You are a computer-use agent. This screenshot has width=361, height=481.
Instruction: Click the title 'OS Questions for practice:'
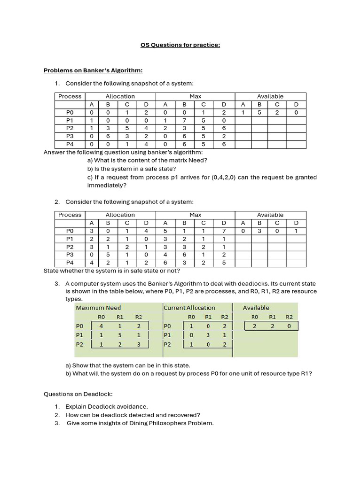coord(180,45)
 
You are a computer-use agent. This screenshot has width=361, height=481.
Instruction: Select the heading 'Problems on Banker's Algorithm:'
coord(93,70)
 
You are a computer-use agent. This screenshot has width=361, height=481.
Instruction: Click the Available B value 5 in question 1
coord(259,112)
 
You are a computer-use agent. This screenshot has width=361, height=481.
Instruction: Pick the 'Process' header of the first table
coord(70,96)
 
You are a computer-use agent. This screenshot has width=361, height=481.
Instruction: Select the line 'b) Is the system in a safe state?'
coord(132,169)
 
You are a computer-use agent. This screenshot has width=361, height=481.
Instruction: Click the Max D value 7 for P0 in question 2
coord(224,231)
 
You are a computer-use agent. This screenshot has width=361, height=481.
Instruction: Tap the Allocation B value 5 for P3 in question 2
coord(108,255)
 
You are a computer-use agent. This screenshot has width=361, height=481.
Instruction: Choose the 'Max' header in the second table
coord(195,215)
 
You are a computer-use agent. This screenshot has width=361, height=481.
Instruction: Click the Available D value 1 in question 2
coord(296,231)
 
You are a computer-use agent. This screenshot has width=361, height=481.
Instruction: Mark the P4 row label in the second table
coord(70,263)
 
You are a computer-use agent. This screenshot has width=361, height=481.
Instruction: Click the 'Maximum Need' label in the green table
coord(98,308)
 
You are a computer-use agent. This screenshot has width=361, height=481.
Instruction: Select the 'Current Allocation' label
coord(189,308)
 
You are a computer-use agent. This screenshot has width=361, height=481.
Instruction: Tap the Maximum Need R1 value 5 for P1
coord(120,335)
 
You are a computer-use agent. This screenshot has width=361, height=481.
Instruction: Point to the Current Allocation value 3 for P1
coord(208,335)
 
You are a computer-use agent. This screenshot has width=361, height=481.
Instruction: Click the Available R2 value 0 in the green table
coord(289,326)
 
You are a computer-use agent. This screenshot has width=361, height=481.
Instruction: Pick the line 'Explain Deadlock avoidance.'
coord(106,406)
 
